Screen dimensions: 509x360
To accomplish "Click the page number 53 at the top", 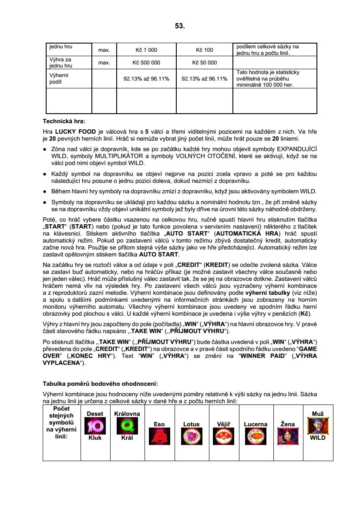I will tap(180, 26).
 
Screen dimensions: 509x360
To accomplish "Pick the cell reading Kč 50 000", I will tap(205, 63).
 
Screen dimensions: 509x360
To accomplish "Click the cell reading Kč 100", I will tap(205, 50).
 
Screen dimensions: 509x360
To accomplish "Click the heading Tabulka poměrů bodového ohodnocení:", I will tap(100, 384).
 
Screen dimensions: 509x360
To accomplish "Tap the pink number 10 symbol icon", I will tap(94, 425).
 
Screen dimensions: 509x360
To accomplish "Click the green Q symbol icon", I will tap(127, 425).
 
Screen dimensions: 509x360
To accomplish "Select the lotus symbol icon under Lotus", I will tap(192, 436).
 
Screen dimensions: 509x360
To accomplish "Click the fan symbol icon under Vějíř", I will tap(223, 436).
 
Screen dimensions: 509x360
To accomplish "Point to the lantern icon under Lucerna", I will tap(256, 436).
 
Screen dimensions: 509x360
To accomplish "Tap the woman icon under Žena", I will tap(288, 436).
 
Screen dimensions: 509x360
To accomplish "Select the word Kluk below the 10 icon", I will tap(95, 438).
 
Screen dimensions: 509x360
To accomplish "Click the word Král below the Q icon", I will tap(127, 438).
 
